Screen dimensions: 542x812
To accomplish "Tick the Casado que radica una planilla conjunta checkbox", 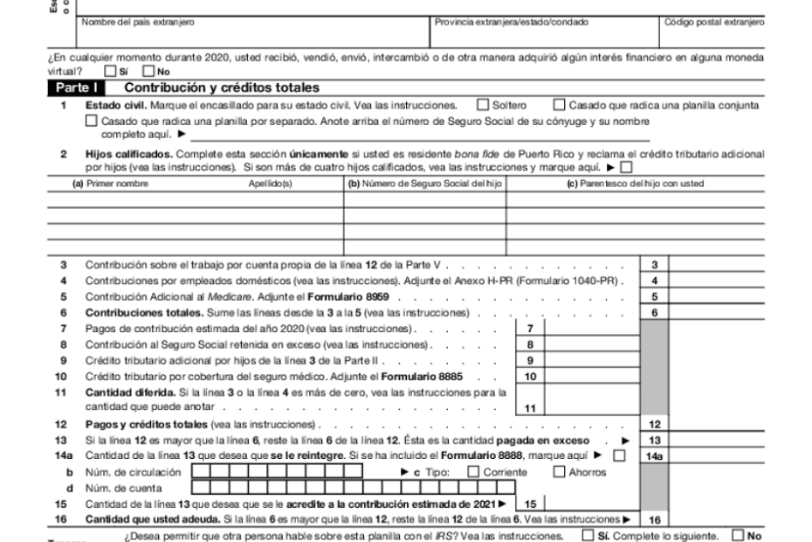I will tap(561, 106).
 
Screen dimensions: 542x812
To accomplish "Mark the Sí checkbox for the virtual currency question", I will tap(109, 72).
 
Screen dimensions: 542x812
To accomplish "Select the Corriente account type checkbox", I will tap(473, 473).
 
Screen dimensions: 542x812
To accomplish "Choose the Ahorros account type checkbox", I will tap(560, 473).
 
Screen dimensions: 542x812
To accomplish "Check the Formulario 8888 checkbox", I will tap(619, 455).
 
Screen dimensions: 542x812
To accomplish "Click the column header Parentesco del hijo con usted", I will tap(636, 184).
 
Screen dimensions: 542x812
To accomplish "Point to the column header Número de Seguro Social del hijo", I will tap(424, 184).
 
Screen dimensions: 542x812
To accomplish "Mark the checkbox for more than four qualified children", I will tap(624, 167).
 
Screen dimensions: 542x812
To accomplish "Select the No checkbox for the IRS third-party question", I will tap(739, 535).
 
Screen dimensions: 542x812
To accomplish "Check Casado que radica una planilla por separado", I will tap(92, 122).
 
